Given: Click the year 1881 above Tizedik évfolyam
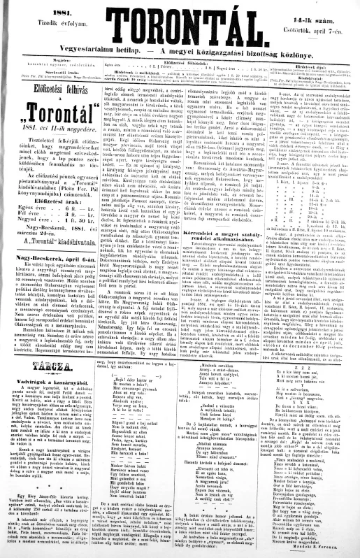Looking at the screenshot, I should tap(42, 9).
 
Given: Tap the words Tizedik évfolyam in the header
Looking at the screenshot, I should tap(42, 19).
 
